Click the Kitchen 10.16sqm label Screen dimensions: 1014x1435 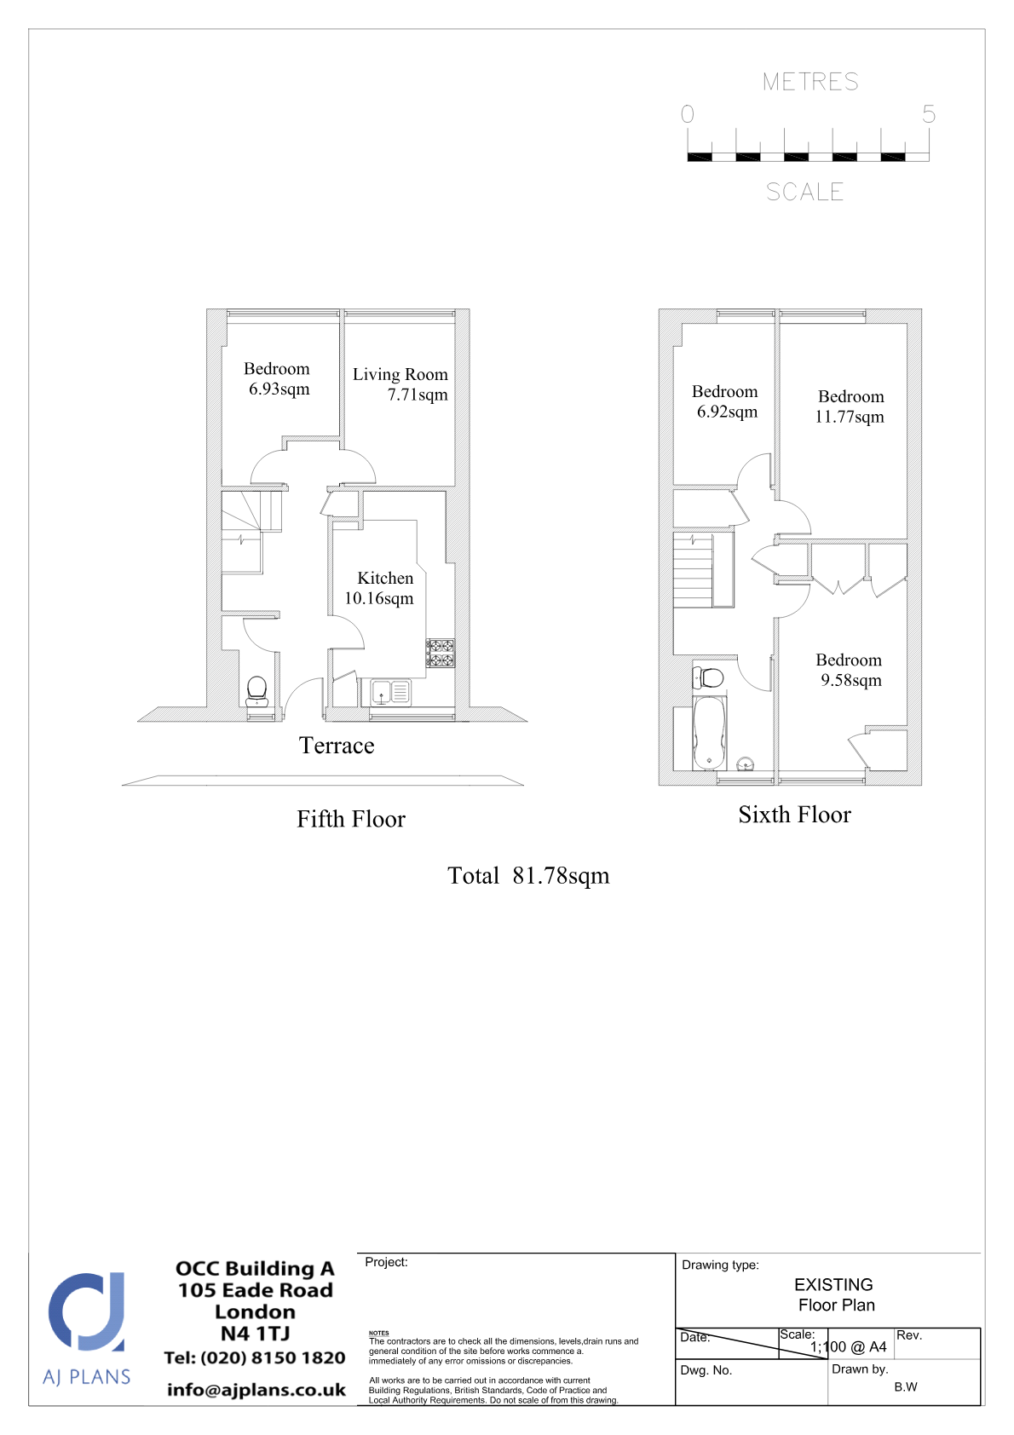pyautogui.click(x=379, y=588)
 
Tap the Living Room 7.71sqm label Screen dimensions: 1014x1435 pyautogui.click(x=400, y=384)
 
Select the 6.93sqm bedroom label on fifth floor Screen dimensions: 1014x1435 pyautogui.click(x=278, y=378)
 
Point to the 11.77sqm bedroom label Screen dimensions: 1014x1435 pyautogui.click(x=850, y=406)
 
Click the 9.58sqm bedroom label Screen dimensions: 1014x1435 pyautogui.click(x=850, y=670)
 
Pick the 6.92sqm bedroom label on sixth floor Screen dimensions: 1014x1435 pyautogui.click(x=725, y=401)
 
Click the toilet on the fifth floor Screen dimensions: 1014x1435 pyautogui.click(x=256, y=691)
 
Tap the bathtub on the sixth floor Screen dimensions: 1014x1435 pyautogui.click(x=709, y=733)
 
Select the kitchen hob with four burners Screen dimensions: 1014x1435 pyautogui.click(x=441, y=653)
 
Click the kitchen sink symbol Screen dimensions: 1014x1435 pyautogui.click(x=390, y=692)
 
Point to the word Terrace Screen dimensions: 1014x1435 pyautogui.click(x=337, y=746)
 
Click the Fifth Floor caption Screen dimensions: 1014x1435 pyautogui.click(x=351, y=820)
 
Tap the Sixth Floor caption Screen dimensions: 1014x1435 pyautogui.click(x=794, y=815)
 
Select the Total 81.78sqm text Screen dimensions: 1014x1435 pyautogui.click(x=528, y=876)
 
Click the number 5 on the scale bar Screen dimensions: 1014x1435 pyautogui.click(x=929, y=114)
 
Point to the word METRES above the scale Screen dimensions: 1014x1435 pyautogui.click(x=810, y=82)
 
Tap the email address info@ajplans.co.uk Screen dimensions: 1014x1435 pyautogui.click(x=256, y=1390)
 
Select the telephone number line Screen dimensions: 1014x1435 pyautogui.click(x=255, y=1357)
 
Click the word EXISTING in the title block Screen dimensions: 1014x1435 pyautogui.click(x=833, y=1284)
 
